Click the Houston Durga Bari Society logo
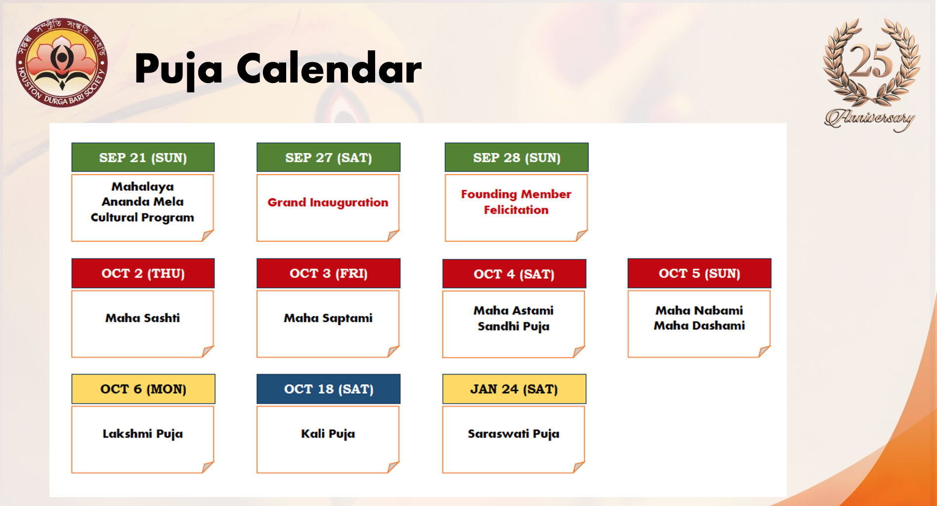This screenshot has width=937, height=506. pos(62,63)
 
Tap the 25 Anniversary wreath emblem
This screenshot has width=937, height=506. pos(871,74)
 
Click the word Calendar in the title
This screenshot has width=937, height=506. pos(329,69)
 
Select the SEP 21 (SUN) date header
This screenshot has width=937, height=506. pos(143,158)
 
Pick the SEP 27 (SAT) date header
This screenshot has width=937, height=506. pos(329,158)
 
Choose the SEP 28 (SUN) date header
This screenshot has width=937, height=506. pos(516,158)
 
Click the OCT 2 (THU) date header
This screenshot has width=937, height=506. pos(143,273)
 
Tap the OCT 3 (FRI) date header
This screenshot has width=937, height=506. pos(329,273)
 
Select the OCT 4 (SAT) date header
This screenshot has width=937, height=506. pos(514,274)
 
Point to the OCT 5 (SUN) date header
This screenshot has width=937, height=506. pos(699,273)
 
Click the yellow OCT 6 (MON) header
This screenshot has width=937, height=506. pos(143,389)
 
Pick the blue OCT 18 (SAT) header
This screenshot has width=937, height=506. pos(329,389)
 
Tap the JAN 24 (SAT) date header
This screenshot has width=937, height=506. pos(514,389)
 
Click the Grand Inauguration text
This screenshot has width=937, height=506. pos(328,203)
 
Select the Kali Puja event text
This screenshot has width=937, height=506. pos(328,434)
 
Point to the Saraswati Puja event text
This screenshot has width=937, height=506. pos(513,434)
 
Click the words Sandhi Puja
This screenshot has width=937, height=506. pos(513,326)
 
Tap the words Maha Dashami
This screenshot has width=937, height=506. pos(699,326)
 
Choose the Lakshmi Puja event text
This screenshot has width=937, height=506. pos(143,434)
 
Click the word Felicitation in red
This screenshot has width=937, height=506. pos(516,210)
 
